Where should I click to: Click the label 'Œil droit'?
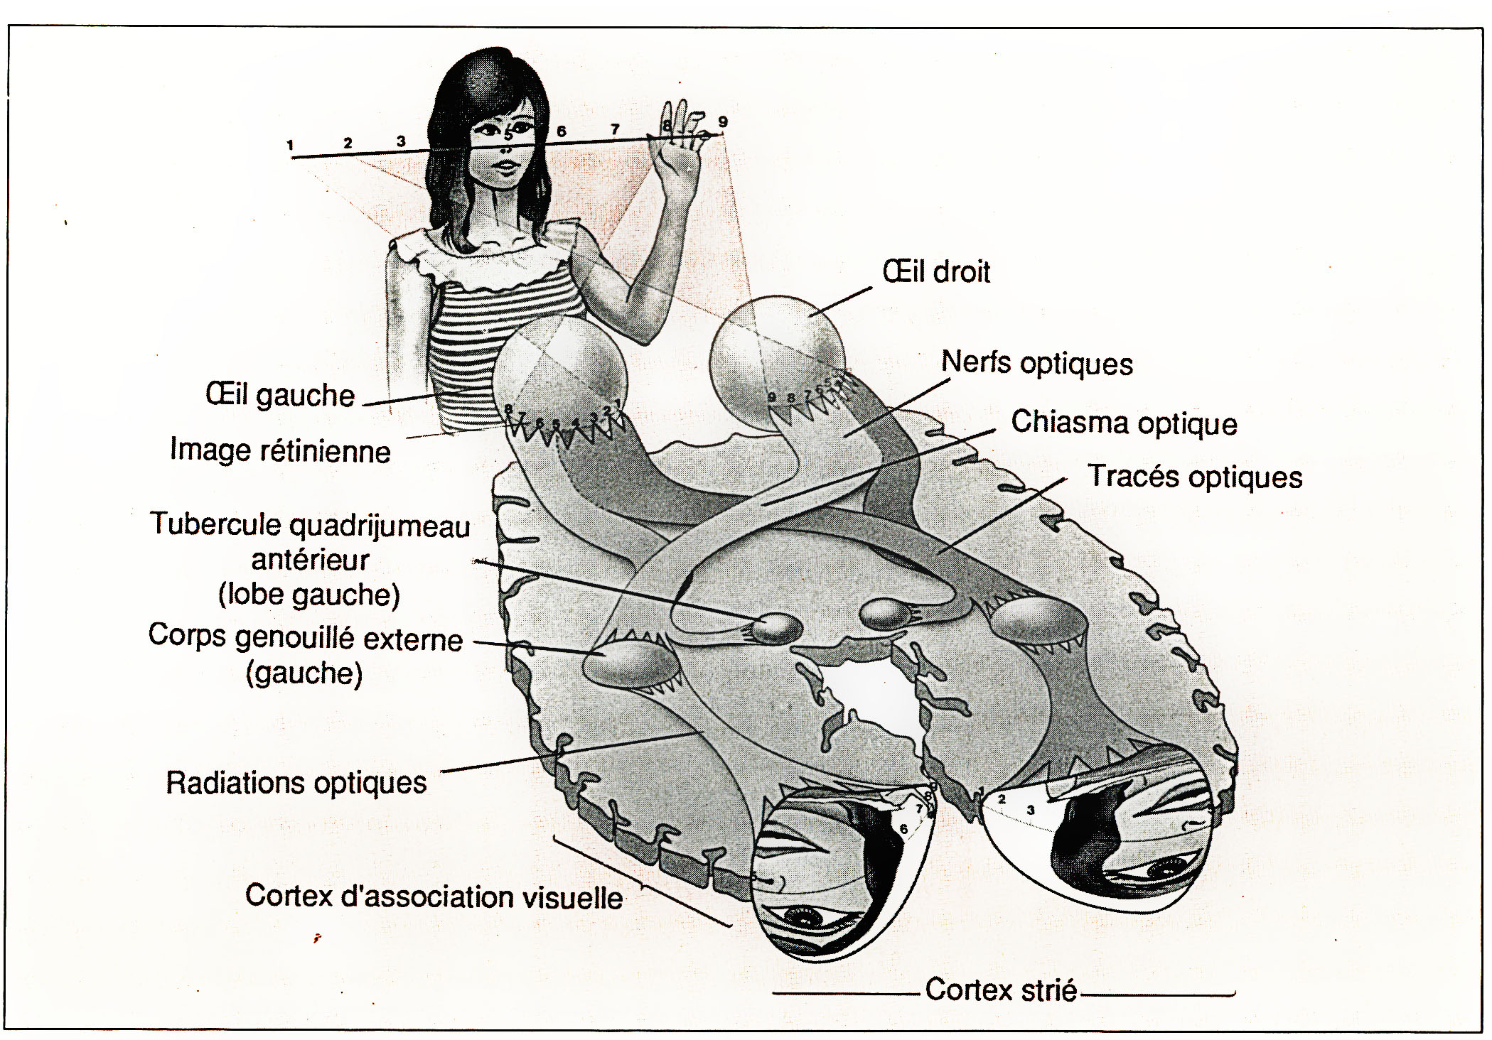tap(936, 271)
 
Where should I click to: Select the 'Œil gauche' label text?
tap(279, 395)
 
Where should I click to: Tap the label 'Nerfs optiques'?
tap(1037, 364)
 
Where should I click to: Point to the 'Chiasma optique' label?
tap(1124, 423)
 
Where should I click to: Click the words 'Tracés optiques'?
tap(1195, 477)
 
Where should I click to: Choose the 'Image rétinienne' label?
tap(280, 450)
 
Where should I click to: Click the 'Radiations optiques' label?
tap(296, 783)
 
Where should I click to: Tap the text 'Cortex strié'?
tap(1001, 990)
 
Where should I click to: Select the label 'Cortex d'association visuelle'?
tap(434, 897)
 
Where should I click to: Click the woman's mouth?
tap(506, 164)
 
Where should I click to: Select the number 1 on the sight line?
tap(290, 145)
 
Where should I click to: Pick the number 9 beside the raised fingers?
tap(722, 122)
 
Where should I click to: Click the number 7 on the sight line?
tap(615, 129)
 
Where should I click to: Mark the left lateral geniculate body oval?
tap(629, 663)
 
